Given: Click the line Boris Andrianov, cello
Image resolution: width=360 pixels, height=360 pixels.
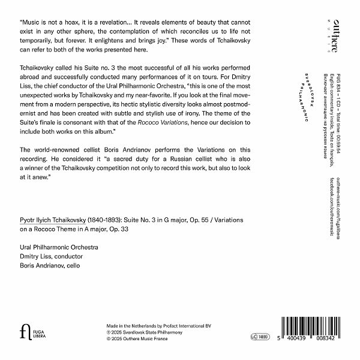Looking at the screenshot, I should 49,265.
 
